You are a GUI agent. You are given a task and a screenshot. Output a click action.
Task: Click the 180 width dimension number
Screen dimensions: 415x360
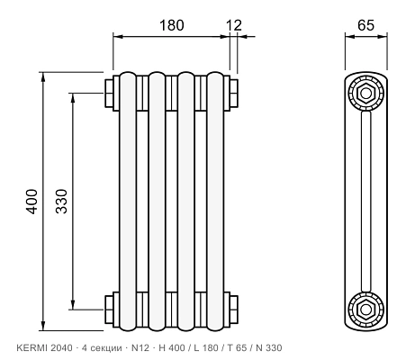pos(171,25)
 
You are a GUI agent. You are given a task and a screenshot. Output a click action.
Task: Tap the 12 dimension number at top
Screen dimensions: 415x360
pos(234,25)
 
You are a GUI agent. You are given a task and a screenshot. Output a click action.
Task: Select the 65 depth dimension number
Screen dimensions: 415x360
pos(365,25)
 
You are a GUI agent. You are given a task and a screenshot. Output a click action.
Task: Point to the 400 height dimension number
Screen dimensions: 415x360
pos(32,202)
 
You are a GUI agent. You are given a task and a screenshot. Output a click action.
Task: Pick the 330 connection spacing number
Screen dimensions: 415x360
pos(62,201)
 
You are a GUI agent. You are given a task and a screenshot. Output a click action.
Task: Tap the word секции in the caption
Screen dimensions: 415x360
pos(106,348)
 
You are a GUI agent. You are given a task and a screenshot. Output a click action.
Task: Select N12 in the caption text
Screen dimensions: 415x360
pos(140,348)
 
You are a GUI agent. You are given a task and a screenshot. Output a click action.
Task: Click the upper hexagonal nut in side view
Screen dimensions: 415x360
pos(365,94)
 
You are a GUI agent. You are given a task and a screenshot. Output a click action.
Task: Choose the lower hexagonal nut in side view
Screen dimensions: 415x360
pos(365,310)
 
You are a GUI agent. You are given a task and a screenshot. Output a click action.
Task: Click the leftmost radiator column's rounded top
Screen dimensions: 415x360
pos(128,75)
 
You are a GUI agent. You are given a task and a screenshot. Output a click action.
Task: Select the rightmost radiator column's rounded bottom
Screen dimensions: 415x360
pos(215,328)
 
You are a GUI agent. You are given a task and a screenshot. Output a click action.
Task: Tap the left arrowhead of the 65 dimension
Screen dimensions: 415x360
pos(350,37)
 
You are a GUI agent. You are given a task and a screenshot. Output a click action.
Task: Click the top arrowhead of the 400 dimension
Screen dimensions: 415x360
pos(43,77)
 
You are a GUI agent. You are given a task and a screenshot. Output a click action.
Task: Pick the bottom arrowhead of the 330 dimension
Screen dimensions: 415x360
pos(73,304)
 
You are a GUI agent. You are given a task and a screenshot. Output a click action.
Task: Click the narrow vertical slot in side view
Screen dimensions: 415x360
pos(365,202)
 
